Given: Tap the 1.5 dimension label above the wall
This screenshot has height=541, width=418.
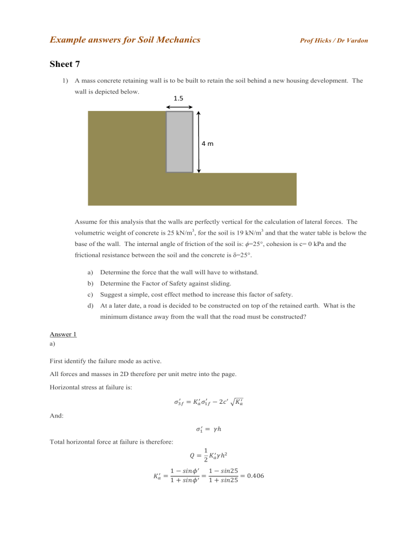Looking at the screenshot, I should pyautogui.click(x=179, y=99).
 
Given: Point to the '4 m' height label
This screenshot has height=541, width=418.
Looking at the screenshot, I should pyautogui.click(x=207, y=144).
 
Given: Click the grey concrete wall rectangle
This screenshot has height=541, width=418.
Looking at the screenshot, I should pyautogui.click(x=179, y=142).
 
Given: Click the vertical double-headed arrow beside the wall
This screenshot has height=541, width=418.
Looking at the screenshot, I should pyautogui.click(x=199, y=142).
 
